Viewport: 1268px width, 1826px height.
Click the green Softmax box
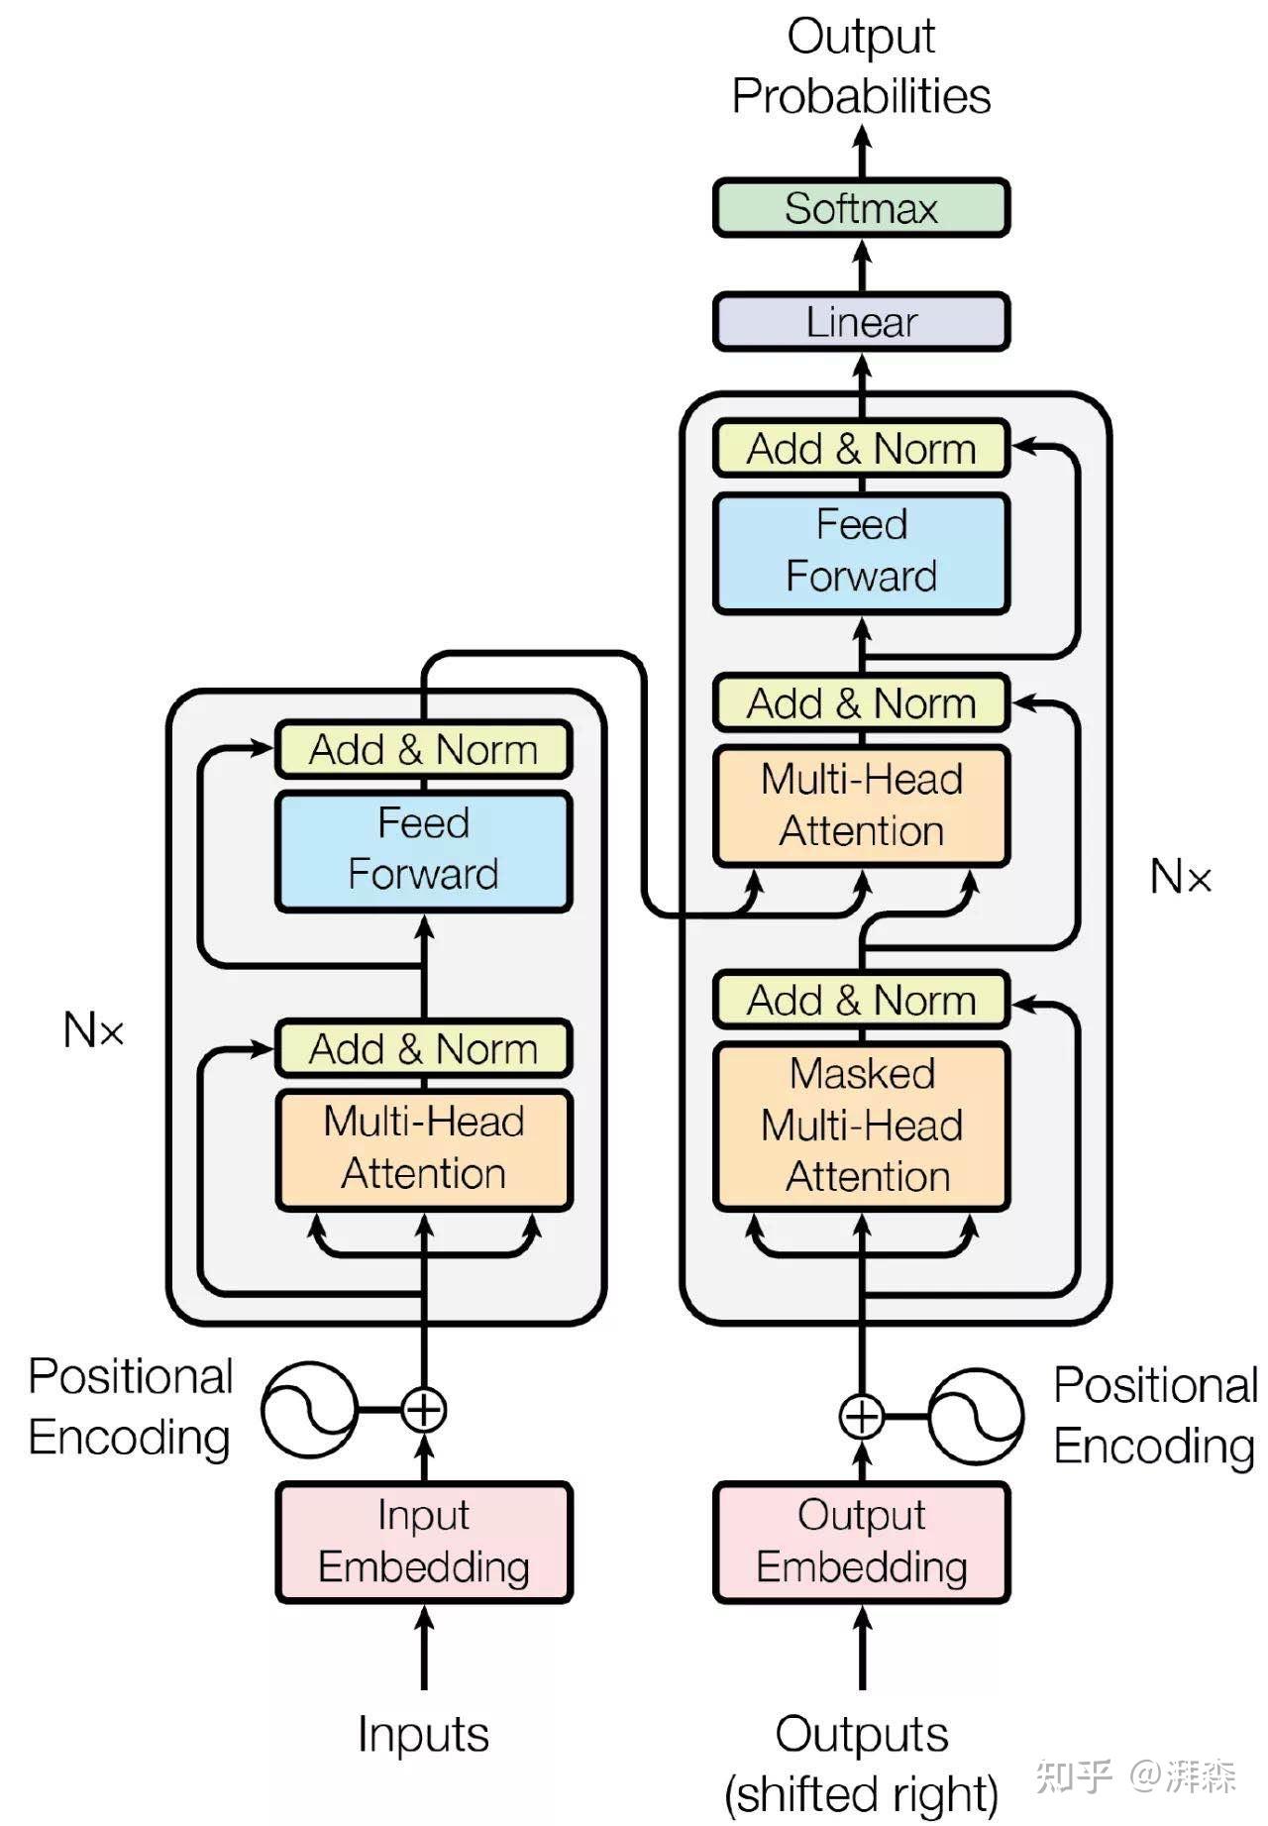coord(861,208)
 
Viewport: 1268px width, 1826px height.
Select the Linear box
coord(861,322)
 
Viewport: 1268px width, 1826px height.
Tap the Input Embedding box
coord(424,1542)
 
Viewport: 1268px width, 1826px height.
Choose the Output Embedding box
coord(861,1542)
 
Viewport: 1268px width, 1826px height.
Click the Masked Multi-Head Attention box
coord(861,1126)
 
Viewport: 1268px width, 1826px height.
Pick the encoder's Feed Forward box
coord(424,850)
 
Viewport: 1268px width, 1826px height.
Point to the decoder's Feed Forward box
coord(861,552)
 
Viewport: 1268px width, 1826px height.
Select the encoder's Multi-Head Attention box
coord(424,1149)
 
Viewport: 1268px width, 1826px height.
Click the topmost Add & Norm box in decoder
coord(861,449)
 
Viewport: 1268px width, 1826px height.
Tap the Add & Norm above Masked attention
coord(861,1001)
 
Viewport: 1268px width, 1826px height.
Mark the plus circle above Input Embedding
coord(424,1410)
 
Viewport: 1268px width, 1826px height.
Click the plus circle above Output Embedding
coord(861,1417)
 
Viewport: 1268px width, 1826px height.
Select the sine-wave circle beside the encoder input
coord(309,1410)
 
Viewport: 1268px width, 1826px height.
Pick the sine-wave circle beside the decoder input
coord(976,1417)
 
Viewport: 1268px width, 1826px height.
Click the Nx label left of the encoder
coord(93,1030)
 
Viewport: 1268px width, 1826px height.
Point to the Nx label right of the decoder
coord(1180,877)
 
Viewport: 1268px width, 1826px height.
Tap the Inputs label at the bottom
coord(424,1735)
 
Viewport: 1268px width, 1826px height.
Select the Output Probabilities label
coord(861,66)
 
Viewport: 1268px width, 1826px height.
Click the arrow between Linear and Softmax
coord(862,265)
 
